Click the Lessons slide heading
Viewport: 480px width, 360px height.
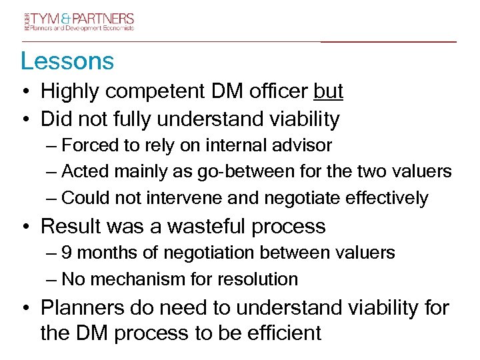(x=67, y=61)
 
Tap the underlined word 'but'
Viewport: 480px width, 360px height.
(x=328, y=92)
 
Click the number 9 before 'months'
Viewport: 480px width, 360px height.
(x=66, y=253)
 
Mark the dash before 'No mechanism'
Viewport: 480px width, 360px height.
(x=52, y=279)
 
